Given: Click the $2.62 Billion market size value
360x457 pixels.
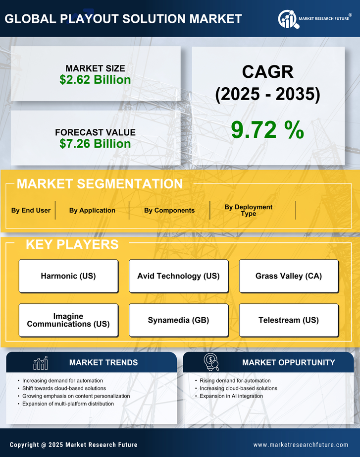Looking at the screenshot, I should (x=95, y=80).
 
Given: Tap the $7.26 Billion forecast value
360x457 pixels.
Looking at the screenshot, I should (x=95, y=144).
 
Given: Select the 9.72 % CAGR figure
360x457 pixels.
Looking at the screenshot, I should (x=267, y=130).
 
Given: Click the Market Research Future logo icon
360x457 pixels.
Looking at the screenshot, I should (x=287, y=19).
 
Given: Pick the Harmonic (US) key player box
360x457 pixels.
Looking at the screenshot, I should (x=68, y=276).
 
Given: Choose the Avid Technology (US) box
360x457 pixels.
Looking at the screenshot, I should (x=178, y=276).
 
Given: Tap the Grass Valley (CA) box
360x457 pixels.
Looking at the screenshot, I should (x=289, y=276).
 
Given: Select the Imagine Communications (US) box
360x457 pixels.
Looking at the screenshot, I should (x=68, y=320).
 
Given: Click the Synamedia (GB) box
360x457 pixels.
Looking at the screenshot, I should (x=178, y=320).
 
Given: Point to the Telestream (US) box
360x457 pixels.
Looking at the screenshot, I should (x=289, y=320).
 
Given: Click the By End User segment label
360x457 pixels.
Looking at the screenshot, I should (x=31, y=210).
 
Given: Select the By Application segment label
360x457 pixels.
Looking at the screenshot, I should (x=92, y=210).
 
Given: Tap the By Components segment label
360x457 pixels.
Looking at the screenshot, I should (x=169, y=210).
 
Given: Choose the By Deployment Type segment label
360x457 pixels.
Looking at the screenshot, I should (x=249, y=210).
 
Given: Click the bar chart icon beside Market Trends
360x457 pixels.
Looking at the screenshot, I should (x=41, y=363).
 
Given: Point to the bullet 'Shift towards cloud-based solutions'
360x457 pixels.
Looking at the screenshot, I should (x=64, y=388).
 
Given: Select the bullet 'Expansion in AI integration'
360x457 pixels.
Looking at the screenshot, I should (x=231, y=396).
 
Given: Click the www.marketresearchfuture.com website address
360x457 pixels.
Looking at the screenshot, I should (x=301, y=445).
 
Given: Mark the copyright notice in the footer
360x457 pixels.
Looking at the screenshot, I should (x=74, y=445).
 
